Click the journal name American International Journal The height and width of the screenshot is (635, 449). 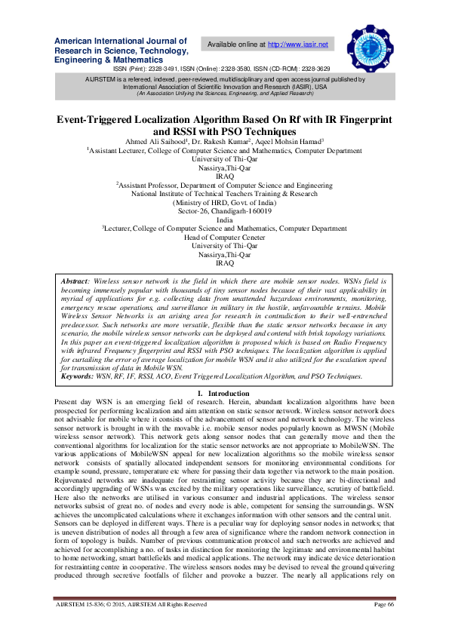pyautogui.click(x=121, y=40)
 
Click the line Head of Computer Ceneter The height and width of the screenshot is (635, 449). pyautogui.click(x=224, y=237)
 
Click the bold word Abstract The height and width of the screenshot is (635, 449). pyautogui.click(x=76, y=280)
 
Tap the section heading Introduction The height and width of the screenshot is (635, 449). pyautogui.click(x=228, y=394)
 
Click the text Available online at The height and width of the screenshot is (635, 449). pyautogui.click(x=237, y=45)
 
